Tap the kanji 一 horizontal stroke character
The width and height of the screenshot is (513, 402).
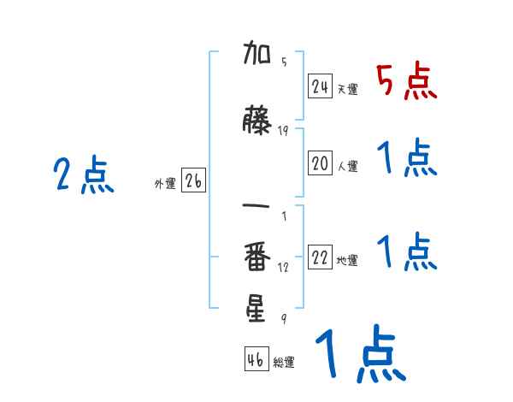257,208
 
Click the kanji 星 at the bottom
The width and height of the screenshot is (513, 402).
257,309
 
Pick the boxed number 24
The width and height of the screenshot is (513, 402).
321,86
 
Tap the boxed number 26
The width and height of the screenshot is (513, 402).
194,182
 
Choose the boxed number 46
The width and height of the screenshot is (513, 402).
256,360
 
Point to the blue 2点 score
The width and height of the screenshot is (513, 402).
84,175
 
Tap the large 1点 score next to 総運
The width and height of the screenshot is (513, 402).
359,355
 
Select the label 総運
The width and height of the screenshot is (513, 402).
284,363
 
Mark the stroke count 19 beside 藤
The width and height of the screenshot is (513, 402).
283,130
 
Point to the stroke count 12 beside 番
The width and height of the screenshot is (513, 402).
283,267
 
